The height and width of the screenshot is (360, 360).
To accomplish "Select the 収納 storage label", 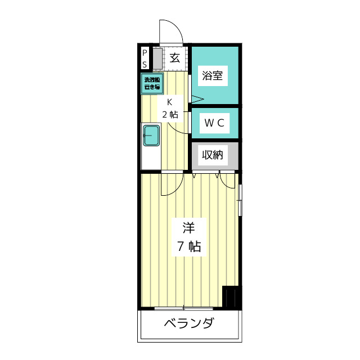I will click(213, 155).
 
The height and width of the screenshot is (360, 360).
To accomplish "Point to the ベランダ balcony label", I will click(189, 324).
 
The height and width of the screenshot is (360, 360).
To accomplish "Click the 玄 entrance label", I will click(175, 57).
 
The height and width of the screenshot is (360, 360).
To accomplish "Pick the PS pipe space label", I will click(144, 57).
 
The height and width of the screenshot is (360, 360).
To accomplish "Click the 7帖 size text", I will click(189, 246).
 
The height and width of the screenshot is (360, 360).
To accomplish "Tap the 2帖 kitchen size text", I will click(170, 114).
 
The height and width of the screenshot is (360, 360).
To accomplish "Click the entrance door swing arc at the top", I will click(170, 31).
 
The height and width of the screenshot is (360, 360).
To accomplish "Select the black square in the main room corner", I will click(231, 296).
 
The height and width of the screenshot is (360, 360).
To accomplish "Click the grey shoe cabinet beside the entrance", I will click(157, 57).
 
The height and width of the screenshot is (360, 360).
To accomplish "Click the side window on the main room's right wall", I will click(240, 200).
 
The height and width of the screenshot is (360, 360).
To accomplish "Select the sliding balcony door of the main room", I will click(183, 308).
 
